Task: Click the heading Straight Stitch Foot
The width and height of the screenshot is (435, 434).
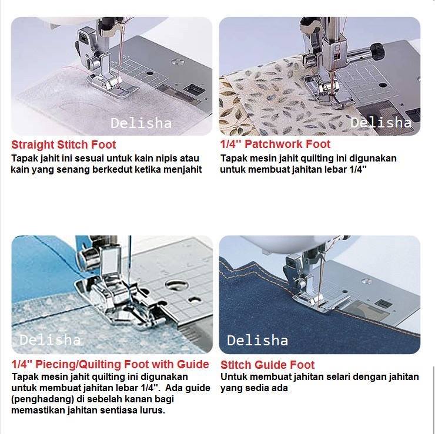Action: click(x=63, y=144)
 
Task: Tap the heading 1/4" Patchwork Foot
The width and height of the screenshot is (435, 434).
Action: click(x=275, y=144)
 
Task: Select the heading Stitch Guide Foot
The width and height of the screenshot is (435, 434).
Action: click(x=267, y=365)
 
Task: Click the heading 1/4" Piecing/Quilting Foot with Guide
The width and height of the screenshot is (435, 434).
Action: click(x=110, y=364)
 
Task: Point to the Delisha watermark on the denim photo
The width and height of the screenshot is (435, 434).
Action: click(x=257, y=340)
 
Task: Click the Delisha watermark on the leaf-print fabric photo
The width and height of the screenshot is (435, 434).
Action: click(x=381, y=123)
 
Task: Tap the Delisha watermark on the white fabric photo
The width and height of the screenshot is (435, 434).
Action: click(x=141, y=123)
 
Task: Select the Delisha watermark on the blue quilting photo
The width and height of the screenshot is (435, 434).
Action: click(x=50, y=340)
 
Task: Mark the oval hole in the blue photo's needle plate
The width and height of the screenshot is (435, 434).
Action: click(x=176, y=284)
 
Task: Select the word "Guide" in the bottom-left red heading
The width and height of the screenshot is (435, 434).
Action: click(x=193, y=364)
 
